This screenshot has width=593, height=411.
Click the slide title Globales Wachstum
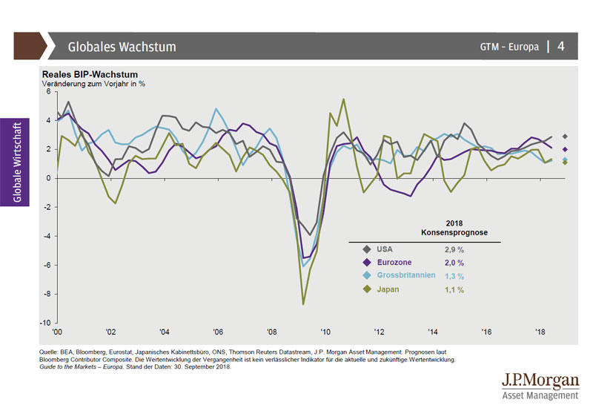click(x=122, y=47)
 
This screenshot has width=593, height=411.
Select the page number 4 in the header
click(x=561, y=46)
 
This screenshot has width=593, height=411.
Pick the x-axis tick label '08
click(x=271, y=332)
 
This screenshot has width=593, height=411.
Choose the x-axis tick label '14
click(x=433, y=332)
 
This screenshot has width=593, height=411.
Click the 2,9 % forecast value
click(x=454, y=250)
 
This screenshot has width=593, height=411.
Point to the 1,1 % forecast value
click(x=454, y=289)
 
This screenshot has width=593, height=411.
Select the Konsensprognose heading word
click(x=454, y=232)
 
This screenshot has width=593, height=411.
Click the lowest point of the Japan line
click(x=303, y=304)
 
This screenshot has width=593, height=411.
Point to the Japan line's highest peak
click(x=343, y=99)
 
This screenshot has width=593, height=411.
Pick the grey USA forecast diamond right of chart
click(x=565, y=137)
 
